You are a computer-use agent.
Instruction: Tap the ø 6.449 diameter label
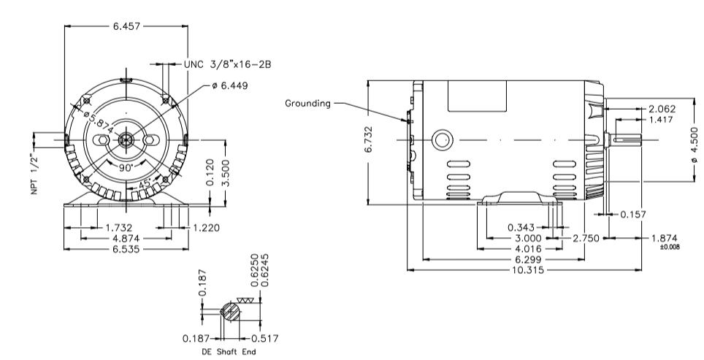pos(229,85)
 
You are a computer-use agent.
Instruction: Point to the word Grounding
pos(307,104)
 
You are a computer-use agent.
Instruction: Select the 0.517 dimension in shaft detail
pos(265,338)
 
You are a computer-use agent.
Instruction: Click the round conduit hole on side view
pos(443,139)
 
